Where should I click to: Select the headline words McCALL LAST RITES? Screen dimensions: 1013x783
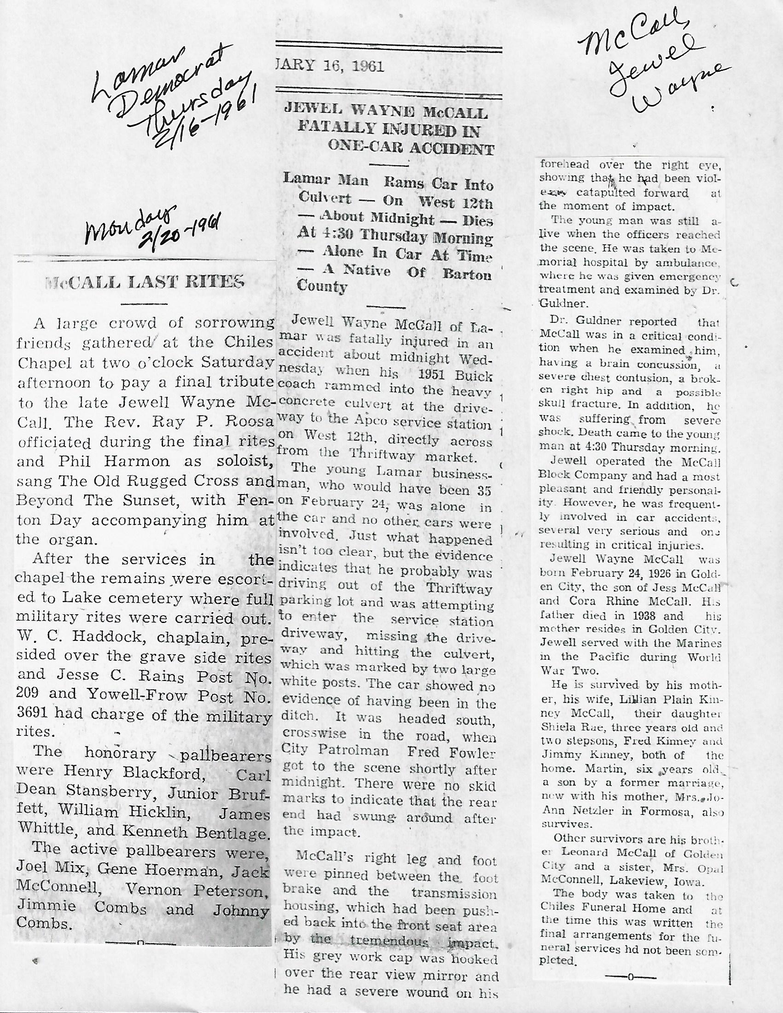pyautogui.click(x=144, y=282)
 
